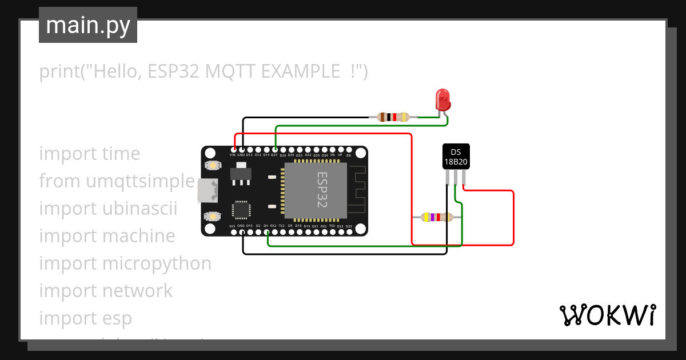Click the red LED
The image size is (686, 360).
[x=442, y=99]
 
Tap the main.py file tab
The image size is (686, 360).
[x=88, y=25]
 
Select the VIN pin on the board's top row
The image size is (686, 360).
[x=233, y=149]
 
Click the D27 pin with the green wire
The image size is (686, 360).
[x=275, y=149]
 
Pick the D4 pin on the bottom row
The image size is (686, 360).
[x=266, y=231]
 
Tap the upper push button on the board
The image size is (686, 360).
[x=213, y=165]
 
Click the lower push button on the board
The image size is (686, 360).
[x=213, y=216]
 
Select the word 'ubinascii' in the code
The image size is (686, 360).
[x=140, y=209]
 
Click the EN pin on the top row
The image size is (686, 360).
[x=349, y=149]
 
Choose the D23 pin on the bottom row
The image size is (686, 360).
[x=349, y=231]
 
